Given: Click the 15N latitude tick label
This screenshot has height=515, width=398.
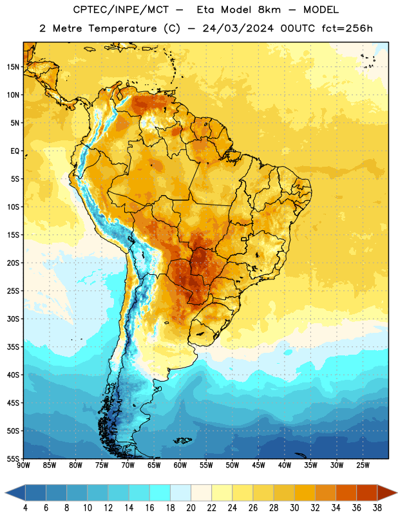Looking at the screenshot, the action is [x=13, y=67].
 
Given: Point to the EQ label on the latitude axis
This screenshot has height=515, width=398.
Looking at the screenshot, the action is [x=15, y=151].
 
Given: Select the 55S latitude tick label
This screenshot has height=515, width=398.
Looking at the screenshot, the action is [x=13, y=459].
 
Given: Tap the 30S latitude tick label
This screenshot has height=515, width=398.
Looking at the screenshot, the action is [x=13, y=319].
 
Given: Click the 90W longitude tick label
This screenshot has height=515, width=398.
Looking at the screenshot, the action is [x=23, y=465].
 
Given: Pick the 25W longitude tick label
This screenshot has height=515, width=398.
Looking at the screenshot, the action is [x=363, y=465].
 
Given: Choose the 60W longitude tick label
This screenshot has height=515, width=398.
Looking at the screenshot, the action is [x=180, y=465].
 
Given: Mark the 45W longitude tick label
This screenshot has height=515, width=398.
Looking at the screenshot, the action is [x=258, y=465].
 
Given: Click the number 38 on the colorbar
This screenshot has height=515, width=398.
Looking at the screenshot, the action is [x=377, y=508].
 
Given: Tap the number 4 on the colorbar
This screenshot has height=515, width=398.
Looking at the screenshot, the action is [x=25, y=508].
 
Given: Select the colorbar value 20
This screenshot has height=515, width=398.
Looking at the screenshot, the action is [x=191, y=508].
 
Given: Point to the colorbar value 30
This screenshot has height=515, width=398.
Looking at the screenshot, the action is [x=294, y=508].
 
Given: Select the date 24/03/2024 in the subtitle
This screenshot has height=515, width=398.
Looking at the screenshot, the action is [x=238, y=28].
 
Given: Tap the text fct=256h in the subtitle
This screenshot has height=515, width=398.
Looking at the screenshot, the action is [x=347, y=28].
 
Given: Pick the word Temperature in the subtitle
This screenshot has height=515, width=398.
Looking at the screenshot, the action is [x=123, y=28].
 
